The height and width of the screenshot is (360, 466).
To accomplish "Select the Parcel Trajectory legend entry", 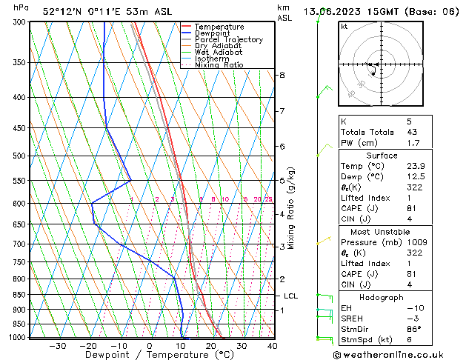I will click(x=228, y=39).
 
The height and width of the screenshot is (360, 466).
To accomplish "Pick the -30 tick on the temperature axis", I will click(x=57, y=346).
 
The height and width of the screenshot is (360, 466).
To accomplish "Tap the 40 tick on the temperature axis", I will click(x=272, y=346).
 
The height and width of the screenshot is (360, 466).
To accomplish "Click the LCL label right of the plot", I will click(x=291, y=296).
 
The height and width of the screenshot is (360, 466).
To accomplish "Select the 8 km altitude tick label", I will click(x=282, y=76).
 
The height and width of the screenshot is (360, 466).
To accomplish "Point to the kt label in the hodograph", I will click(x=344, y=27).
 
